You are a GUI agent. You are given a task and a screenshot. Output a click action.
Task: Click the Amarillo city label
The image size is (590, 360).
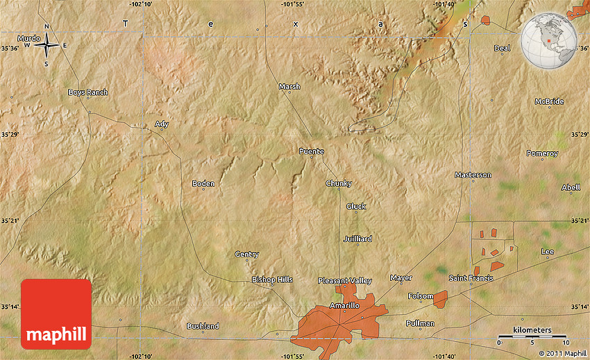344,305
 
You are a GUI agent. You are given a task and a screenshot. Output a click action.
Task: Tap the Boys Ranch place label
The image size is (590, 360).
87,92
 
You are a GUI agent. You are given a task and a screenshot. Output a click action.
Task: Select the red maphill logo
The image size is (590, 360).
56,314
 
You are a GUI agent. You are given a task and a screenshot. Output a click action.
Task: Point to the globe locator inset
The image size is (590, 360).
549,42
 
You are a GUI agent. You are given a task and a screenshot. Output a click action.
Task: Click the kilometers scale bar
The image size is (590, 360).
533,336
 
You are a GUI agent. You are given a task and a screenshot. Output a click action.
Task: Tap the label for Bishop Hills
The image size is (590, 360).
272,280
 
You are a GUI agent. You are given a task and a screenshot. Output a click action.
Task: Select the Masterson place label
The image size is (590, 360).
473,175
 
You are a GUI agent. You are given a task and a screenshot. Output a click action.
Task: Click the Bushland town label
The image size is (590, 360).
203,326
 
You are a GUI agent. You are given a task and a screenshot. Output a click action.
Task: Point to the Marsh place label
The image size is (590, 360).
289,87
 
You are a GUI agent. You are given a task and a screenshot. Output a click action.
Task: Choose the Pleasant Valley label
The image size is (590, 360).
345,280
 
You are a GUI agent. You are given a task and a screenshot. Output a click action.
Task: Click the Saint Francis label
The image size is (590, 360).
471,278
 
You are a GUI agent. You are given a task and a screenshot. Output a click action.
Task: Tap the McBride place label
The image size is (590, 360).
549,101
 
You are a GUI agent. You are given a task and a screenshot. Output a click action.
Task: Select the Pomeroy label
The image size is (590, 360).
542,153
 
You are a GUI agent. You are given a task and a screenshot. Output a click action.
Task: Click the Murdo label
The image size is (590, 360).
28,38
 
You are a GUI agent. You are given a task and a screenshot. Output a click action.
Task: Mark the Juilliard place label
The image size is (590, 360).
357,239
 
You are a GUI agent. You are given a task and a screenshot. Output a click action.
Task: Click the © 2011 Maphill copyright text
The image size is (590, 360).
562,354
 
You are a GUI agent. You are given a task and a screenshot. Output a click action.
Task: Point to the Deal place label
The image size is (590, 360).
502,48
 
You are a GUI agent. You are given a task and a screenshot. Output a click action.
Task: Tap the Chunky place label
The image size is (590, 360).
339,183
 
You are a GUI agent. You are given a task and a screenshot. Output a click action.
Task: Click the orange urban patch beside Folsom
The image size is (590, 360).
440,299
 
